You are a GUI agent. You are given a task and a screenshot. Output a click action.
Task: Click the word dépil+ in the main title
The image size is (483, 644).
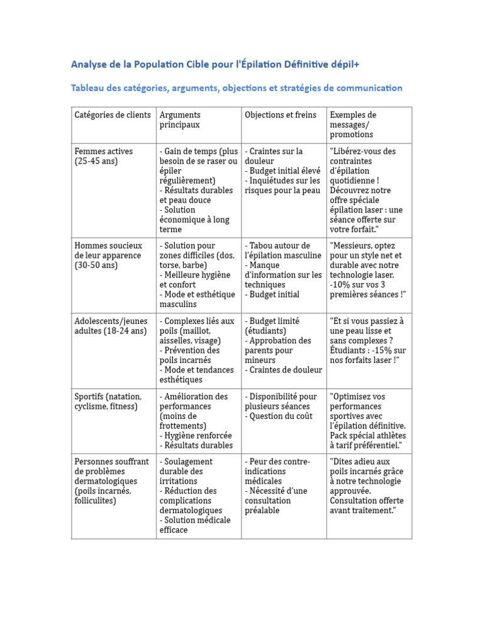[343, 64]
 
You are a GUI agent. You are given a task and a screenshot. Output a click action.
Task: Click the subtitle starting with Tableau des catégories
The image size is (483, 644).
[236, 88]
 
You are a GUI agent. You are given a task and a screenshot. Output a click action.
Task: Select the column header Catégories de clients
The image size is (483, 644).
[113, 115]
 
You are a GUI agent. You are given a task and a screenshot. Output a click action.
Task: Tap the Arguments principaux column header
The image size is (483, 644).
[180, 119]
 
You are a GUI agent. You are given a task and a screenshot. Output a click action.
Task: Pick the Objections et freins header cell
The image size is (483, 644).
[280, 115]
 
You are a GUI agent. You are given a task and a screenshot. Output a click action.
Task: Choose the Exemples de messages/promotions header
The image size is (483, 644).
[353, 125]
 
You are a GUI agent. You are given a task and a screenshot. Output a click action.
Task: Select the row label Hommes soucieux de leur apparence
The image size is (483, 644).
[109, 255]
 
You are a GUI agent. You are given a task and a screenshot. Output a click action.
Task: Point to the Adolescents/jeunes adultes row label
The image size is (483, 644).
[110, 326]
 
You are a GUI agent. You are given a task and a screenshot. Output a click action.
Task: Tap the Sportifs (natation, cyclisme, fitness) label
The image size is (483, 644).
[108, 401]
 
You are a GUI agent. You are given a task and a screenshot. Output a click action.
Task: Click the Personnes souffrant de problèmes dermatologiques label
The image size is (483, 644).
[112, 481]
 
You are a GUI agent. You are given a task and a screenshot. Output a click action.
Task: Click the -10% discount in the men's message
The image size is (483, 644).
[341, 284]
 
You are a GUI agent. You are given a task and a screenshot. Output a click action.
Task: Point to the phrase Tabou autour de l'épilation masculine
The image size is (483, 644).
[283, 250]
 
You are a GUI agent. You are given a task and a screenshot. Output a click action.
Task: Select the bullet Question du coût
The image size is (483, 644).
[279, 416]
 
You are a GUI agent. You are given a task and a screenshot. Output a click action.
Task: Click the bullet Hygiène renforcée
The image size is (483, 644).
[196, 435]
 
